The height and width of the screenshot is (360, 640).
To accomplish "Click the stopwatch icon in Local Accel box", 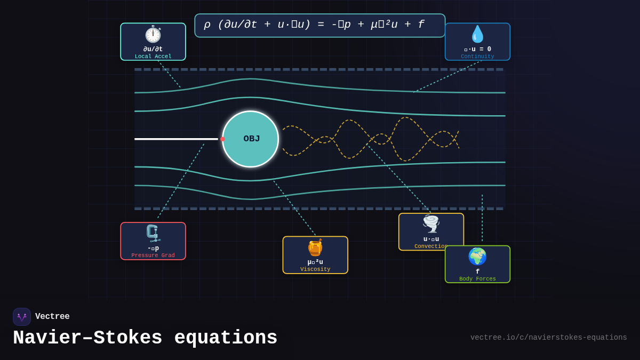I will (153, 34).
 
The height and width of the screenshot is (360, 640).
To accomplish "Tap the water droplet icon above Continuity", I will (477, 34).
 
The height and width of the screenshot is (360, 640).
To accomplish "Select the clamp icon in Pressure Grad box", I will (153, 234).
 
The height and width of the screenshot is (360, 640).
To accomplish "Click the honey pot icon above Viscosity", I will (315, 247).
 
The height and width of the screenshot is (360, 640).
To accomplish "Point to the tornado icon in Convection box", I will (431, 224).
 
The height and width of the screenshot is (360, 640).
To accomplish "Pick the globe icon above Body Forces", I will (477, 257).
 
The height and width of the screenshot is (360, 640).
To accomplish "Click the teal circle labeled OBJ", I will (250, 139).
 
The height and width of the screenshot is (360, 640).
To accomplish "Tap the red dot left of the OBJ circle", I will (222, 139).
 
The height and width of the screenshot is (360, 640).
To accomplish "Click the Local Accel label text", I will (153, 57).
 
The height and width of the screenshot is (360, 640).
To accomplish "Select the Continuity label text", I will (477, 57).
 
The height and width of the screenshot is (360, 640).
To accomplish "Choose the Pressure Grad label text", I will (153, 255).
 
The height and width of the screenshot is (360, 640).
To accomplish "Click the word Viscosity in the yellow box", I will (315, 269).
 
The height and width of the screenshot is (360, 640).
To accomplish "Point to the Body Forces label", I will (477, 279).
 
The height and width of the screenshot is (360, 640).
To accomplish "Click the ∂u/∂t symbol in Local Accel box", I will (153, 49).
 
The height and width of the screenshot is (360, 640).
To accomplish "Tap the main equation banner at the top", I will (319, 25).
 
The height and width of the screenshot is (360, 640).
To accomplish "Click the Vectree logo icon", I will (22, 317).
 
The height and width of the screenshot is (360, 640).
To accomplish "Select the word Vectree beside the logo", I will (52, 317).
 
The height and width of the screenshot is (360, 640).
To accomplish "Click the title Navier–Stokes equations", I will (145, 338).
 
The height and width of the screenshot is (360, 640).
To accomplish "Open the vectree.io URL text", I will (548, 338).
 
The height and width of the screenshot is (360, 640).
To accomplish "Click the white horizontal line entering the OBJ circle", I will (176, 139).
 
